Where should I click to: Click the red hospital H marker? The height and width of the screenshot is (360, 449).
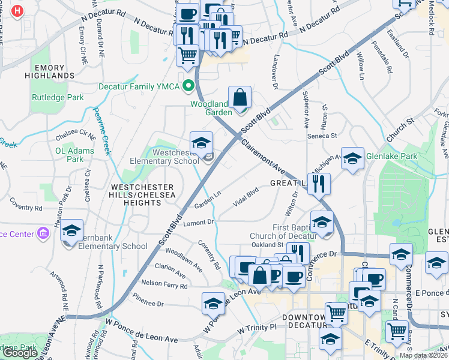click(18, 11)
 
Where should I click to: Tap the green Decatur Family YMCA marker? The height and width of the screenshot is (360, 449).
click(189, 86)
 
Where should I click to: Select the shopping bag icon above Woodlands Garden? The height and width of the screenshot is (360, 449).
click(240, 97)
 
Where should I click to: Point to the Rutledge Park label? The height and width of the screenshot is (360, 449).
click(58, 97)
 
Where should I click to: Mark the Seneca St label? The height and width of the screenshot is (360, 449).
click(323, 136)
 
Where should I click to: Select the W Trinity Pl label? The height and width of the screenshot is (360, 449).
click(256, 328)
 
